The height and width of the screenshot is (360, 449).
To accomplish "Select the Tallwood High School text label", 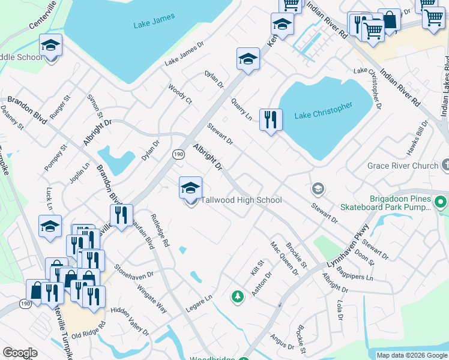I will click(x=241, y=200).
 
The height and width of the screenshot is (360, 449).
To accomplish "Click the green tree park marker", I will click(x=238, y=296).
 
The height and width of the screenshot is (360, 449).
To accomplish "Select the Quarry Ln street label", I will click(x=241, y=109).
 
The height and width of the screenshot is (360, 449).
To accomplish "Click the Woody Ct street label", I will click(x=180, y=94).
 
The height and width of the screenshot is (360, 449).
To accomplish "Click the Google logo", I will click(x=20, y=353).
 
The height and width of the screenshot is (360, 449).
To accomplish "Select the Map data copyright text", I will click(x=411, y=355).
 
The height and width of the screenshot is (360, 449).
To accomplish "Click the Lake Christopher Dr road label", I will click(x=368, y=88).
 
